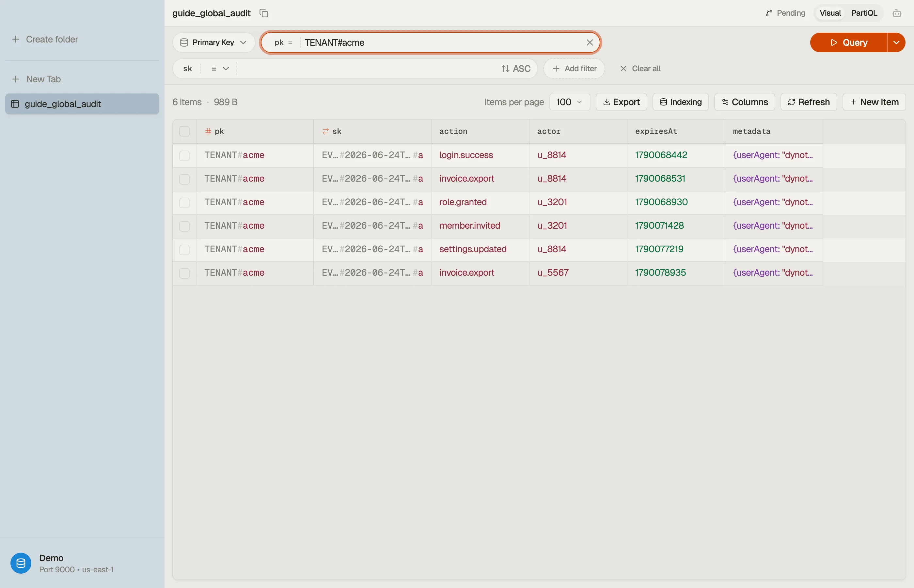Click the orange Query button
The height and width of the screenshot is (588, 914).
(x=848, y=42)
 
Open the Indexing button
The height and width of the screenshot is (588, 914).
(x=681, y=102)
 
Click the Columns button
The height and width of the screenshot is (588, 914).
(x=744, y=102)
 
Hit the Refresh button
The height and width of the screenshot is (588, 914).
(x=808, y=102)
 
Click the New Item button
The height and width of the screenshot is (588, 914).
(x=874, y=102)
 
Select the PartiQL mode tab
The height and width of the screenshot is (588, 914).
(x=864, y=13)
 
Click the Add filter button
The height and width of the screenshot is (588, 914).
(x=574, y=69)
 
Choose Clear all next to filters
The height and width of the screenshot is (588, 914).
(x=640, y=69)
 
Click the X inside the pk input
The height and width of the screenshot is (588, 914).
(x=590, y=42)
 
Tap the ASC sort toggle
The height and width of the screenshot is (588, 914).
(x=516, y=69)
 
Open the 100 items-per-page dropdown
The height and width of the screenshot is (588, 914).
(x=570, y=102)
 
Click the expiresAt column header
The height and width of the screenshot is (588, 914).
(x=656, y=131)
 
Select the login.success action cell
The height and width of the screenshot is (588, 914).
(x=466, y=155)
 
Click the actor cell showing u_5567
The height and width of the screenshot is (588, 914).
(x=553, y=273)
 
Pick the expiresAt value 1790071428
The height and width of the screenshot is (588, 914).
(x=659, y=226)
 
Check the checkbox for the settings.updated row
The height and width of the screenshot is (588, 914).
(x=184, y=249)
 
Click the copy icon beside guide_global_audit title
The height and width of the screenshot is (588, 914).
(x=264, y=13)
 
